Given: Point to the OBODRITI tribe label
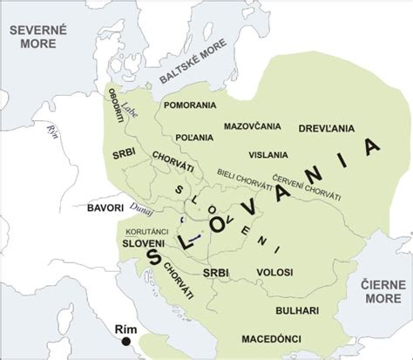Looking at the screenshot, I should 115,106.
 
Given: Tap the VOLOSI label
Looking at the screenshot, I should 274,274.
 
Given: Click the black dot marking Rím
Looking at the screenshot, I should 127,343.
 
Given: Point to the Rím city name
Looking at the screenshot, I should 126,329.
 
